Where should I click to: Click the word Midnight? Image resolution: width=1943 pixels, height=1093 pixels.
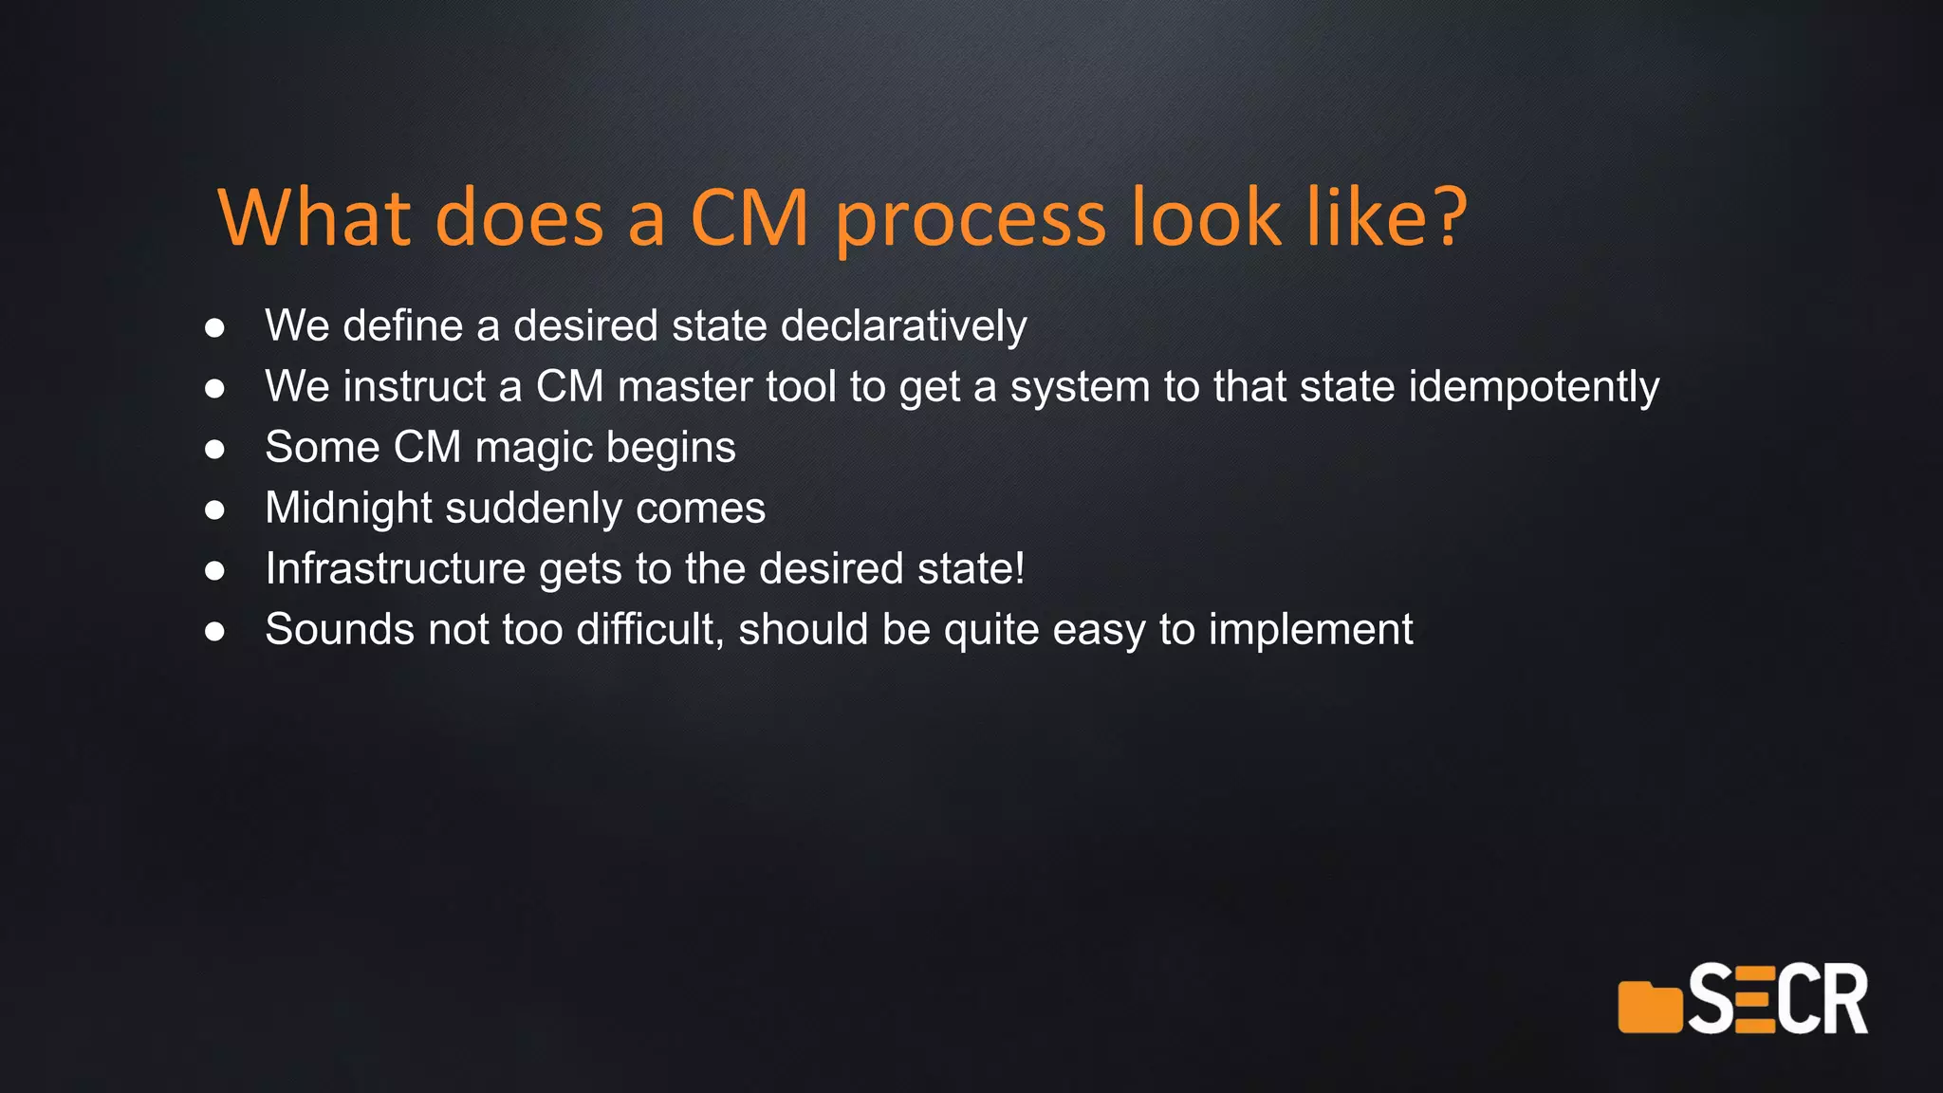click(348, 509)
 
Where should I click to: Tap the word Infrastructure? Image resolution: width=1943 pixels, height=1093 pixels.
click(395, 569)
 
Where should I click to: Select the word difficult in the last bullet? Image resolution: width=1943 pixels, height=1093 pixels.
click(650, 630)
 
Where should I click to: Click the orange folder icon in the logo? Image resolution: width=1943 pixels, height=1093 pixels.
click(1649, 1008)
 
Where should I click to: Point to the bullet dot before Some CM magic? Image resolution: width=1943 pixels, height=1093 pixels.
click(215, 450)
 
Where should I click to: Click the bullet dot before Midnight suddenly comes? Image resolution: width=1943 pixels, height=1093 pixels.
click(215, 510)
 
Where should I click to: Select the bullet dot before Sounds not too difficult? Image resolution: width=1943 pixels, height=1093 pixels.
click(215, 632)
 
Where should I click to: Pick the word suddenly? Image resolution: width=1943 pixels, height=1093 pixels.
click(533, 509)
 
